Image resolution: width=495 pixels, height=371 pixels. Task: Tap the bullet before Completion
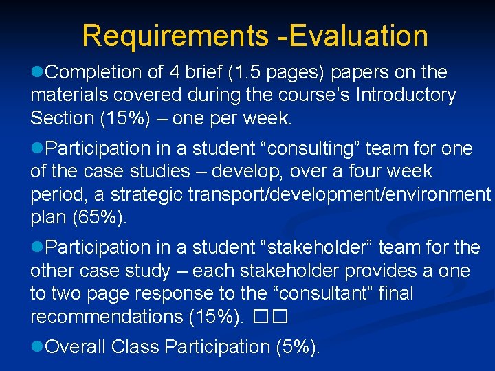point(38,72)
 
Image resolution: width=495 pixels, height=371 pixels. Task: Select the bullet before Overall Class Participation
point(38,347)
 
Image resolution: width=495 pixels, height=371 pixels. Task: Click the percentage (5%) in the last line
point(297,347)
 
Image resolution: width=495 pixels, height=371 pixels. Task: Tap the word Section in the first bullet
point(63,118)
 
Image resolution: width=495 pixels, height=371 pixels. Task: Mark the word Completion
point(97,72)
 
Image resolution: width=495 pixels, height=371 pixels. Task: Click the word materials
point(73,95)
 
